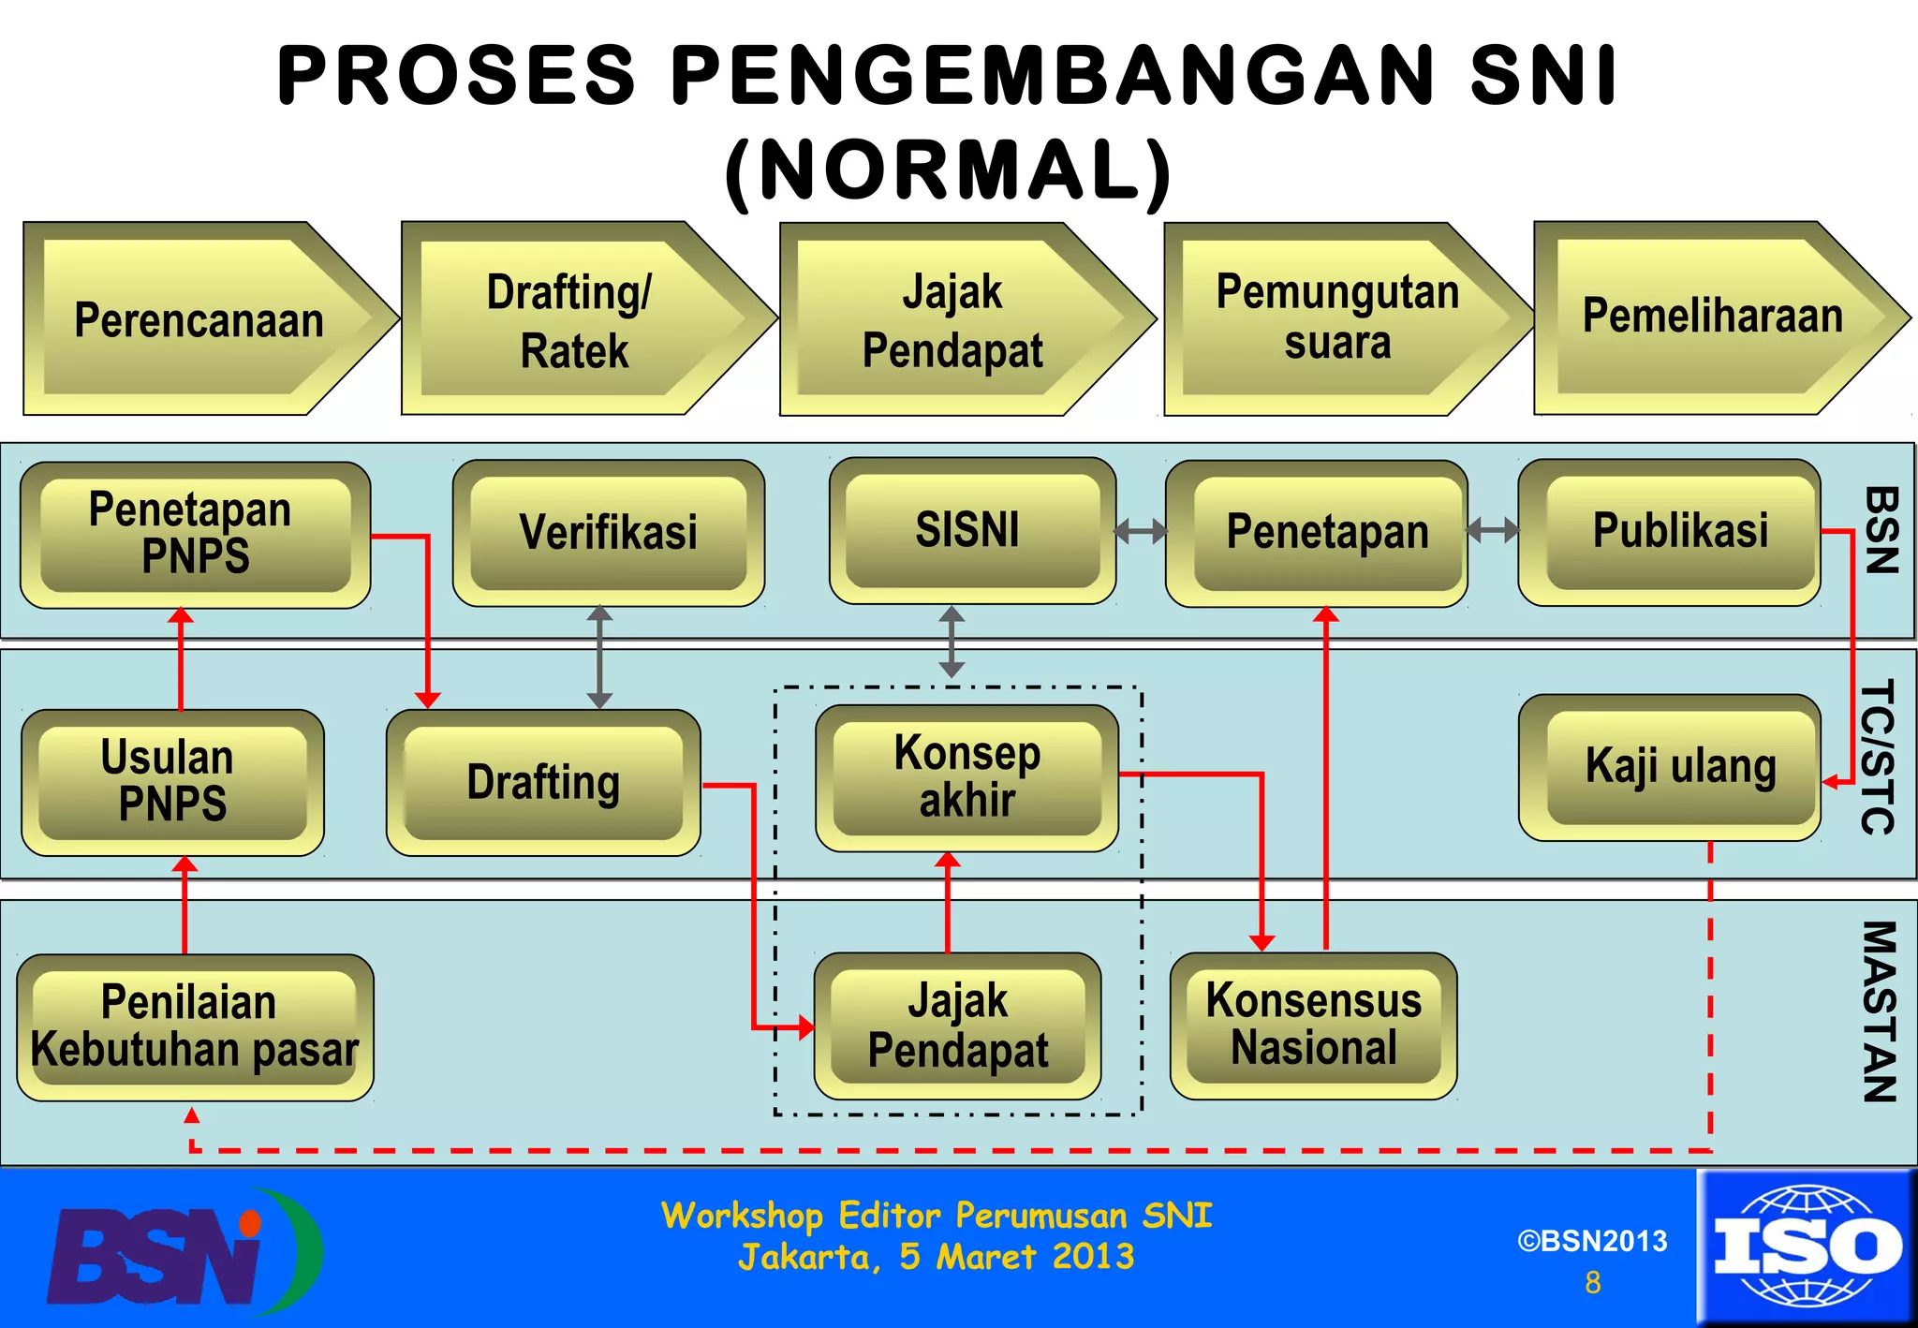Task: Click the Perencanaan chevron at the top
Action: click(199, 319)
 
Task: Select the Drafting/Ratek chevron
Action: click(573, 319)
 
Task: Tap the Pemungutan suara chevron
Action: click(1336, 317)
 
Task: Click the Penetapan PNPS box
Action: click(195, 534)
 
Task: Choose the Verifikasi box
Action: click(608, 532)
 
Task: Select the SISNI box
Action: click(971, 530)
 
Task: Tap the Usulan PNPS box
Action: click(172, 782)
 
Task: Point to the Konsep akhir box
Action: click(966, 777)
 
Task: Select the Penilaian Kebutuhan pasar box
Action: click(195, 1026)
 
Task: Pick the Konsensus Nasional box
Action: click(1313, 1025)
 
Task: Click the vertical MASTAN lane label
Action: click(1879, 1011)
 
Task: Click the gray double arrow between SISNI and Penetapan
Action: click(1140, 532)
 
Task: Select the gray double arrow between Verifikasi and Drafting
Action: click(599, 657)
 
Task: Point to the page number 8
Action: click(1592, 1282)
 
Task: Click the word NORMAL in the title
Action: click(948, 170)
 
